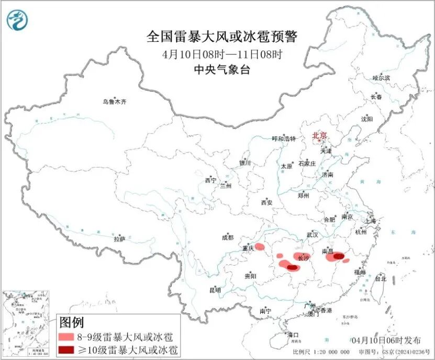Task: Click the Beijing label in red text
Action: [x=319, y=136]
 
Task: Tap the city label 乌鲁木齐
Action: [x=114, y=102]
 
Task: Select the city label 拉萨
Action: [x=120, y=239]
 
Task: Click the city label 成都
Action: [x=228, y=237]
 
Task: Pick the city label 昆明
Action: [x=215, y=290]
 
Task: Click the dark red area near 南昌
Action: [x=340, y=256]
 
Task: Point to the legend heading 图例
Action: [x=71, y=322]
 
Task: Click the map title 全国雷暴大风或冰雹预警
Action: [x=222, y=37]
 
